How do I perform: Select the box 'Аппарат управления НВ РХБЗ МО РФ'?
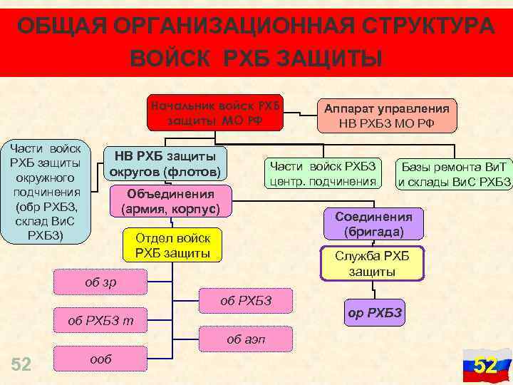coord(387,116)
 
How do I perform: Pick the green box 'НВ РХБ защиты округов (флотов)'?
coord(165,164)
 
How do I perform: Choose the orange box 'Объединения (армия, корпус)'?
coord(171,202)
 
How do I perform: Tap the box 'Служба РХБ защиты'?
coord(373,264)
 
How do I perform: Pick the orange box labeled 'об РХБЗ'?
coord(246,300)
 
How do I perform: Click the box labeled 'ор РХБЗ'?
coord(375,313)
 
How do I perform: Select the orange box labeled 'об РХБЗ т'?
coord(100,321)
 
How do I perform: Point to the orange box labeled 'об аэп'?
coord(246,340)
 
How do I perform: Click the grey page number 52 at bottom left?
coord(21,364)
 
